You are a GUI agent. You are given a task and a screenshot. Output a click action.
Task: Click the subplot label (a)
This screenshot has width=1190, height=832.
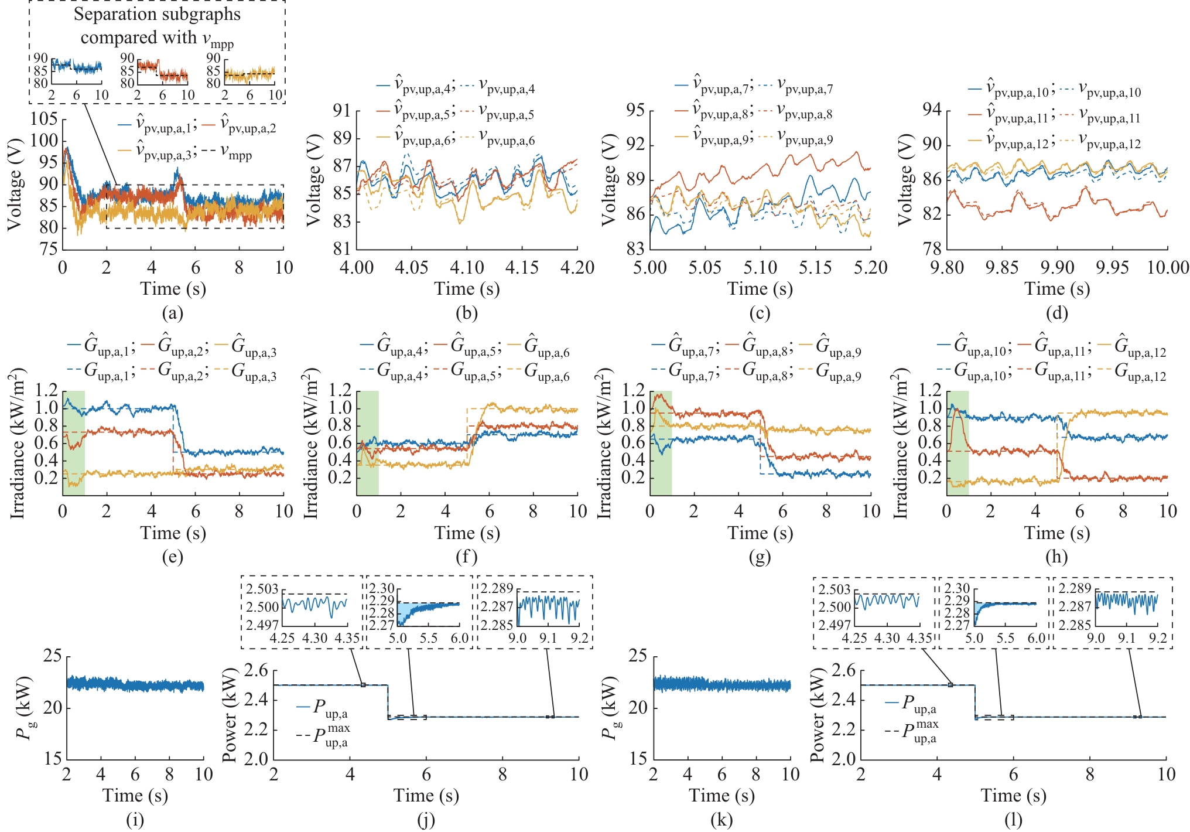pyautogui.click(x=172, y=313)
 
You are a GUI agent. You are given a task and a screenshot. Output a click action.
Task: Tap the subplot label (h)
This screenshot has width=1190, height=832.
pyautogui.click(x=1056, y=557)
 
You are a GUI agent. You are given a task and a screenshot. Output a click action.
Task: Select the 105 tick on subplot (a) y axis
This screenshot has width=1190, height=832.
pyautogui.click(x=44, y=119)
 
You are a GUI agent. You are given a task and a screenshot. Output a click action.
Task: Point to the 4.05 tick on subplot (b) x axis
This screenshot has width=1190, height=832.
pyautogui.click(x=412, y=268)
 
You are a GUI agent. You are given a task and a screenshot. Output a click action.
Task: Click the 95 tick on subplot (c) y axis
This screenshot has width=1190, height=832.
pyautogui.click(x=635, y=110)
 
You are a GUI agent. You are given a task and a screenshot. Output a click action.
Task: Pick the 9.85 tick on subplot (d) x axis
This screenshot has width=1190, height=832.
pyautogui.click(x=1002, y=268)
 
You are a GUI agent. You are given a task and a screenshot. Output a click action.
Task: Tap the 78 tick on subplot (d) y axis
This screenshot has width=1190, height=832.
pyautogui.click(x=932, y=249)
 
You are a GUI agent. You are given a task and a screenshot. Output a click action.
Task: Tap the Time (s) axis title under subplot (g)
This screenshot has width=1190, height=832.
pyautogui.click(x=760, y=533)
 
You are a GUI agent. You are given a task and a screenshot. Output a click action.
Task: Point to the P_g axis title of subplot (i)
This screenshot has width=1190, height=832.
pyautogui.click(x=25, y=708)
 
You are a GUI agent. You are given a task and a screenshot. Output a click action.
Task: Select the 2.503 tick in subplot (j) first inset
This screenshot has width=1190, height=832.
pyautogui.click(x=262, y=589)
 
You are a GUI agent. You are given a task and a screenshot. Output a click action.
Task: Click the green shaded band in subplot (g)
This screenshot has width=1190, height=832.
pyautogui.click(x=661, y=443)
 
